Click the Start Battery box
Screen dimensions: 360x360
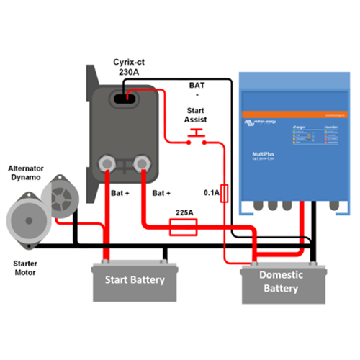135,280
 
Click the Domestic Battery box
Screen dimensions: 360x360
281,282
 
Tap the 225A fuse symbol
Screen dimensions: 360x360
184,229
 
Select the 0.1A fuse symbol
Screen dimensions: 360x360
225,194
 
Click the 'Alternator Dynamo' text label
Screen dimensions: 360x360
28,172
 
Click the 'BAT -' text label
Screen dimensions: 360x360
196,89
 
